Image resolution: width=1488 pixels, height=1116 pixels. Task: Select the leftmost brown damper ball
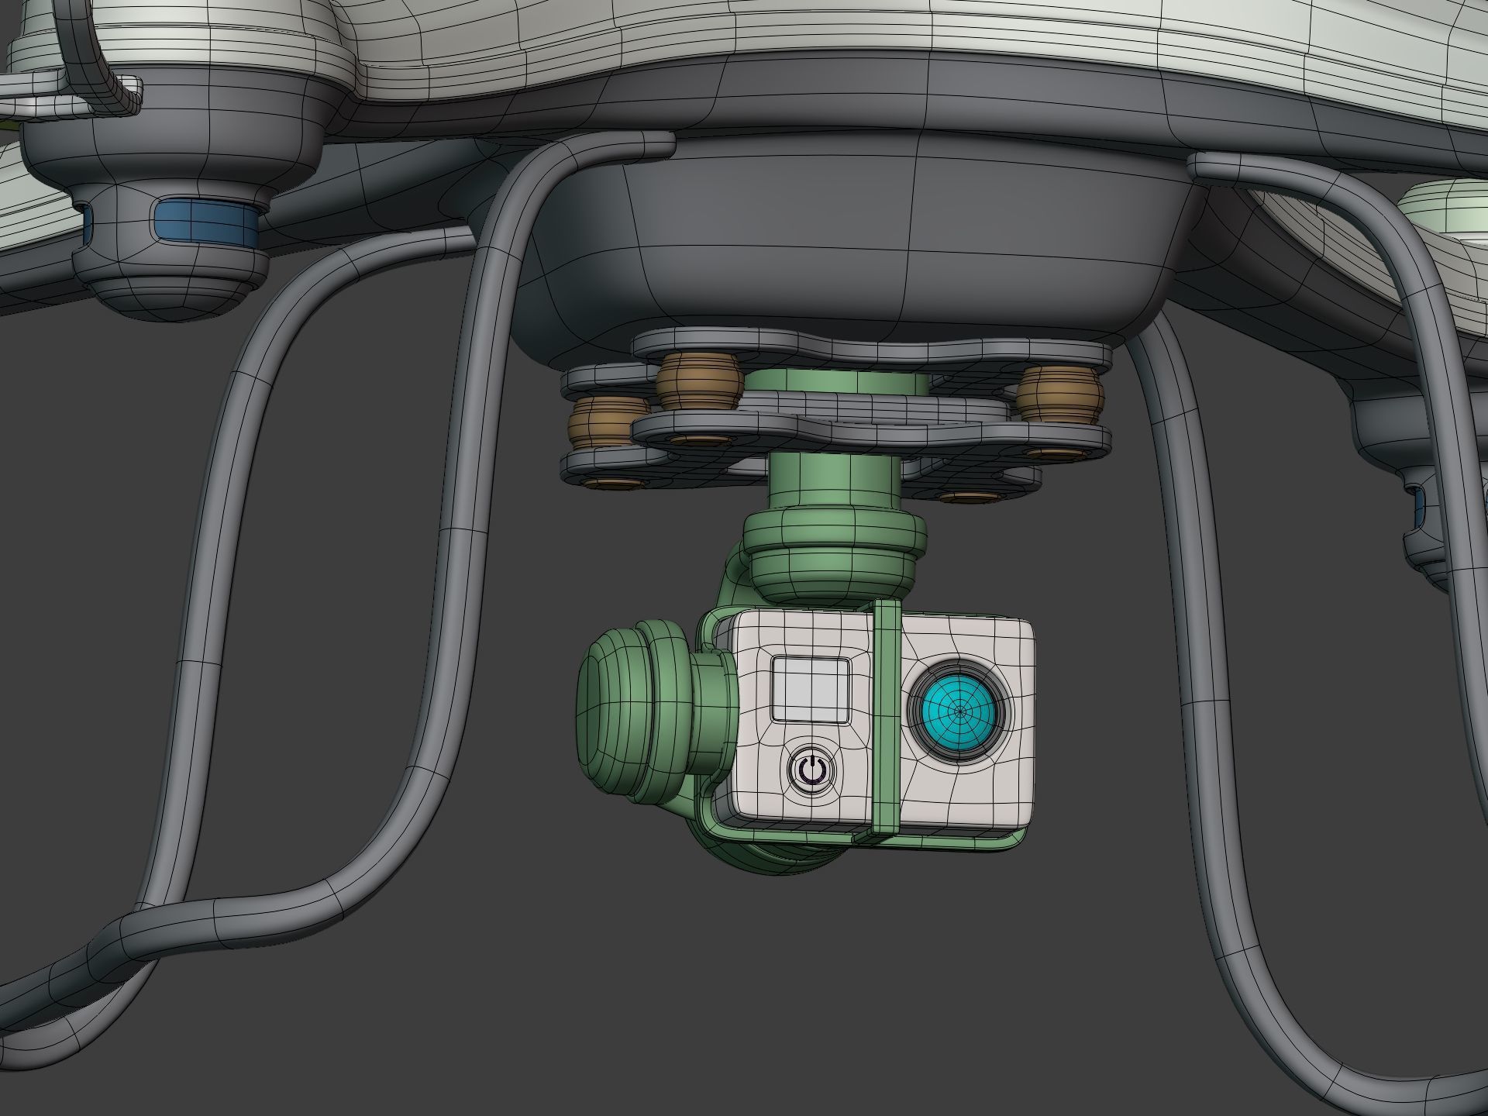(608, 422)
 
